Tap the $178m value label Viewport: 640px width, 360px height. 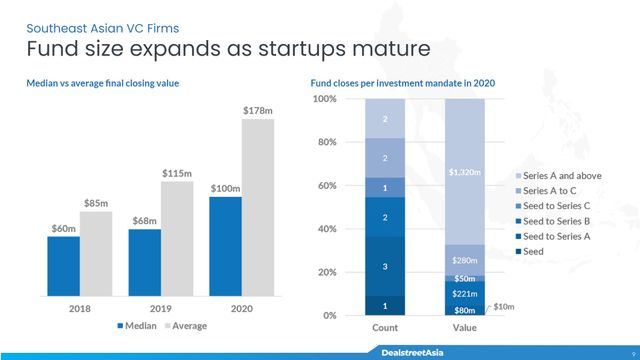click(x=257, y=110)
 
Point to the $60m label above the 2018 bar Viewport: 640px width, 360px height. click(x=64, y=229)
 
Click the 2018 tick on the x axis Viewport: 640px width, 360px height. click(x=80, y=309)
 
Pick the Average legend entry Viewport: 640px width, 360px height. click(x=194, y=326)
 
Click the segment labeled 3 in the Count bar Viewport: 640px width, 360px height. click(x=385, y=266)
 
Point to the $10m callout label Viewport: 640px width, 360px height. click(x=504, y=306)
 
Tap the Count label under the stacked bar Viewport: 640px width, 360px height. click(x=385, y=328)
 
